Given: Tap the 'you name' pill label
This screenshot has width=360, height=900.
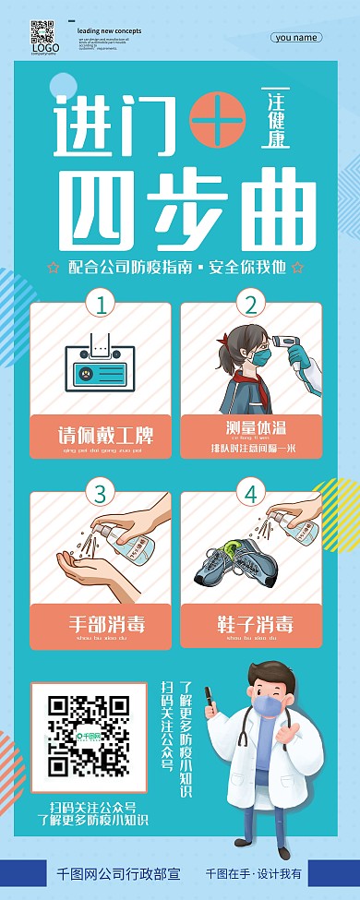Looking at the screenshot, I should pyautogui.click(x=297, y=38).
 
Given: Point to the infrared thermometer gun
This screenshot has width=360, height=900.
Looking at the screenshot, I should pyautogui.click(x=295, y=353).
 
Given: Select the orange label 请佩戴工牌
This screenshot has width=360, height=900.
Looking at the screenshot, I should pyautogui.click(x=100, y=434).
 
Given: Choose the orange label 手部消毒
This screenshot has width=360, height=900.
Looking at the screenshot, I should pyautogui.click(x=100, y=624).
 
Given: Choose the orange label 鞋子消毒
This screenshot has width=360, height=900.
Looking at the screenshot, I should pyautogui.click(x=250, y=624).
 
